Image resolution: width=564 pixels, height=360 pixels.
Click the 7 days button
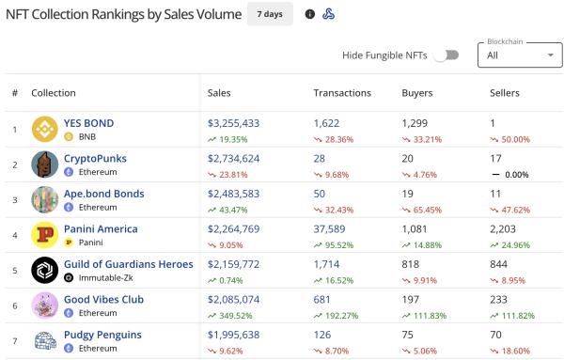[270, 14]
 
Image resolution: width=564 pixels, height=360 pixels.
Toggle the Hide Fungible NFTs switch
[446, 55]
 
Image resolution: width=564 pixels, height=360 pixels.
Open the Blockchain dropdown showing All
[520, 55]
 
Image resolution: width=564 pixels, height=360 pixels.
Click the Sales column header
[219, 93]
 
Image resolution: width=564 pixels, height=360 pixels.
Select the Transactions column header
[342, 93]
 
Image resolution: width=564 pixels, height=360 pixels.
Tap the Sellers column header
[505, 93]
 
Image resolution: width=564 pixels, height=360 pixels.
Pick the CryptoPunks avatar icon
[45, 164]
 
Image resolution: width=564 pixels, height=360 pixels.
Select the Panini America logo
[45, 235]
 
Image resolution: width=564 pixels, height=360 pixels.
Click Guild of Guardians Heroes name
[128, 264]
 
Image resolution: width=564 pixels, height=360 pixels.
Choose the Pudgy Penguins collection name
[102, 335]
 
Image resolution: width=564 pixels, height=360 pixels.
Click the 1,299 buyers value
[415, 123]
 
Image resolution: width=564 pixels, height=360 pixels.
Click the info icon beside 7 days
[310, 14]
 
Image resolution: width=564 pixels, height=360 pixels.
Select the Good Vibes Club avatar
[45, 305]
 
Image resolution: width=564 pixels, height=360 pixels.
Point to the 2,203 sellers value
[505, 228]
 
